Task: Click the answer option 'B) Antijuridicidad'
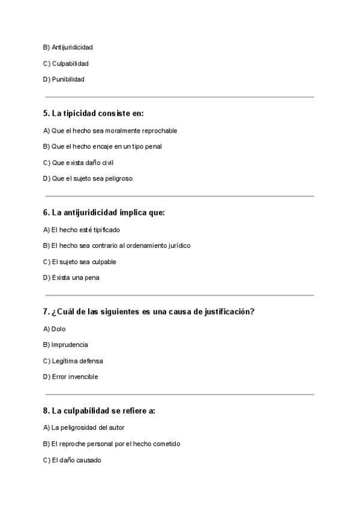(68, 47)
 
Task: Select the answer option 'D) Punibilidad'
(64, 79)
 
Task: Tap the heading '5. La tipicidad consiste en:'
(94, 113)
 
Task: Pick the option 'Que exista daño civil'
(82, 162)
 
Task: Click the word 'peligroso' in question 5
(121, 178)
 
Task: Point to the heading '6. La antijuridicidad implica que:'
(104, 212)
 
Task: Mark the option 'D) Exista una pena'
(71, 277)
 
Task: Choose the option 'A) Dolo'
(55, 328)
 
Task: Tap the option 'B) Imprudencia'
(65, 345)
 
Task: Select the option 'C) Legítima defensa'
(73, 361)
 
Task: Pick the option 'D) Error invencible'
(70, 377)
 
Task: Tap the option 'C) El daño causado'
(72, 460)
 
